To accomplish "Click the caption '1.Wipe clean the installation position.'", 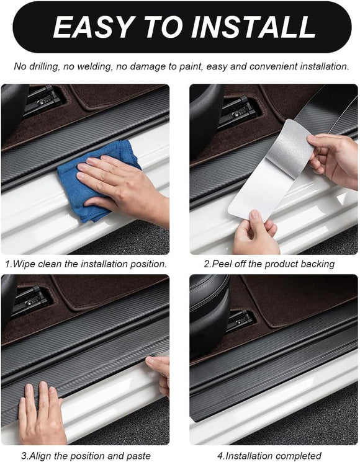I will pyautogui.click(x=86, y=264).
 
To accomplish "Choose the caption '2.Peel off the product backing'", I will pyautogui.click(x=269, y=264).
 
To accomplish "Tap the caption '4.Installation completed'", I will pyautogui.click(x=269, y=456).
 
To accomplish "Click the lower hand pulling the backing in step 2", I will pyautogui.click(x=256, y=236).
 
